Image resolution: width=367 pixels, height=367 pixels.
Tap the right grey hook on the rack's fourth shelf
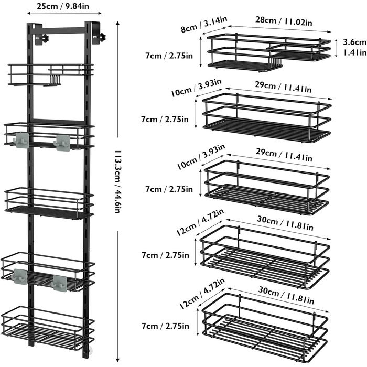click(59, 282)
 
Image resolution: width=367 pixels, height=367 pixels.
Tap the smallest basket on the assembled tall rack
click(50, 74)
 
